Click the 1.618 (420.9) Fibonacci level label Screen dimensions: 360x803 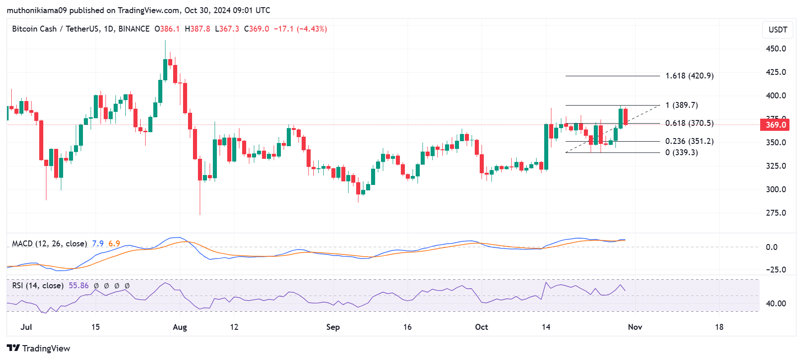689,76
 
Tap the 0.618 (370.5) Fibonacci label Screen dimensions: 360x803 689,123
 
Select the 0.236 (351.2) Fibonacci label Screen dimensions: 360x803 689,141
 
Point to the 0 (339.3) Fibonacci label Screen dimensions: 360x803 681,152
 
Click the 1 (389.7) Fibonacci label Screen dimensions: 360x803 681,105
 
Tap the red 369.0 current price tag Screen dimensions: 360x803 775,125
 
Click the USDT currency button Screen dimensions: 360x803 778,30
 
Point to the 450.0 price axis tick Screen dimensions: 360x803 776,49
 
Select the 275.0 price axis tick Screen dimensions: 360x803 776,213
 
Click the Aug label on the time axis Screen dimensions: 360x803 180,327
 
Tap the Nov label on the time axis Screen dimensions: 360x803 635,327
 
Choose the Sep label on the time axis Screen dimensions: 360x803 333,327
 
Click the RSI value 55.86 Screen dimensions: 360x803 78,286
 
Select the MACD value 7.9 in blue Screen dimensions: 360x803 98,244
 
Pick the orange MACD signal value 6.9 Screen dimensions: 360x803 114,244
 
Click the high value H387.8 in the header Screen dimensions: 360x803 197,29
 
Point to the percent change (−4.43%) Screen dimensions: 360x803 312,29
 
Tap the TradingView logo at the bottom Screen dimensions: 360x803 39,348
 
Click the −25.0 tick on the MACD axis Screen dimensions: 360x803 776,270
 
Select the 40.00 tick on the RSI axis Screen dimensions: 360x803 776,304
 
